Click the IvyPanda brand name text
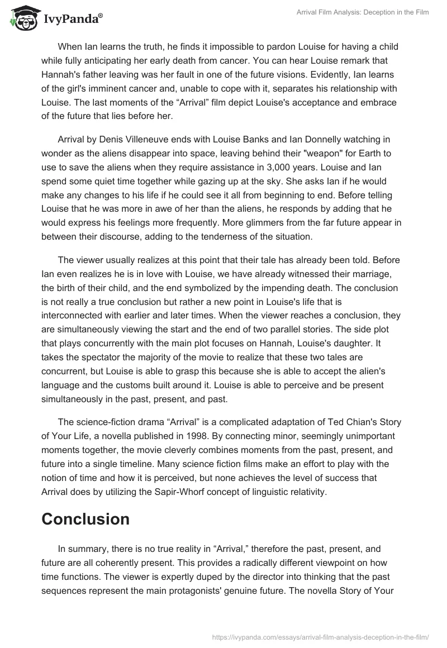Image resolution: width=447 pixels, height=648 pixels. pos(72,20)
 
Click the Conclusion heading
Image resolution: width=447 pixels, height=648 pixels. pos(85,519)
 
